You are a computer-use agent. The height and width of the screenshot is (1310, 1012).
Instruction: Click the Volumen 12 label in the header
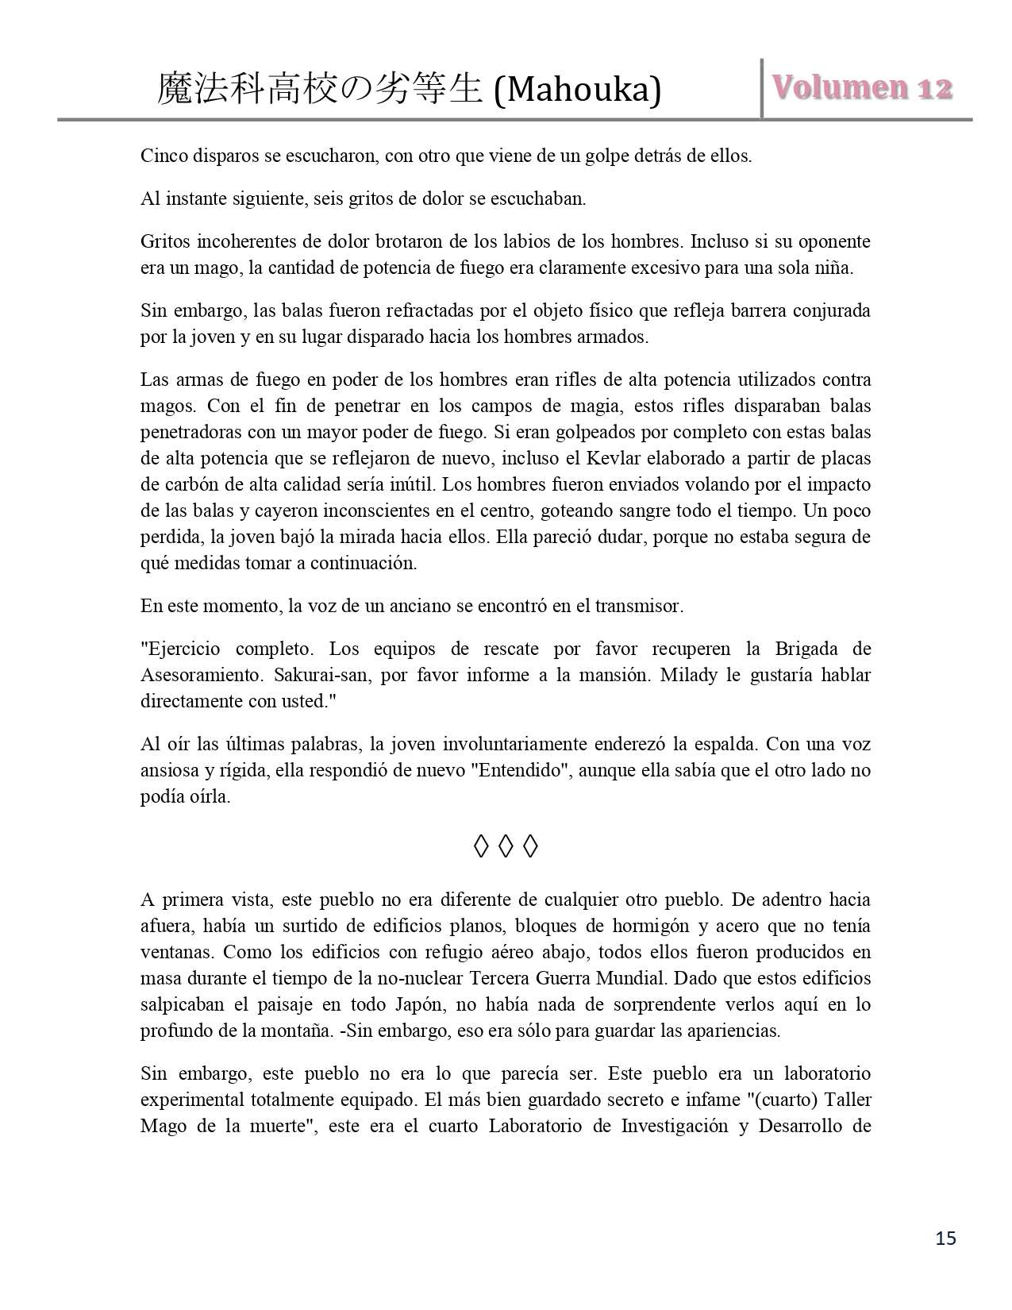pyautogui.click(x=861, y=87)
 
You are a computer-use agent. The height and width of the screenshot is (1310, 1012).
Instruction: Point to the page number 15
pyautogui.click(x=945, y=1238)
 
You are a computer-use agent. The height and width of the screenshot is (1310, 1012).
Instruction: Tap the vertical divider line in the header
pyautogui.click(x=762, y=87)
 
